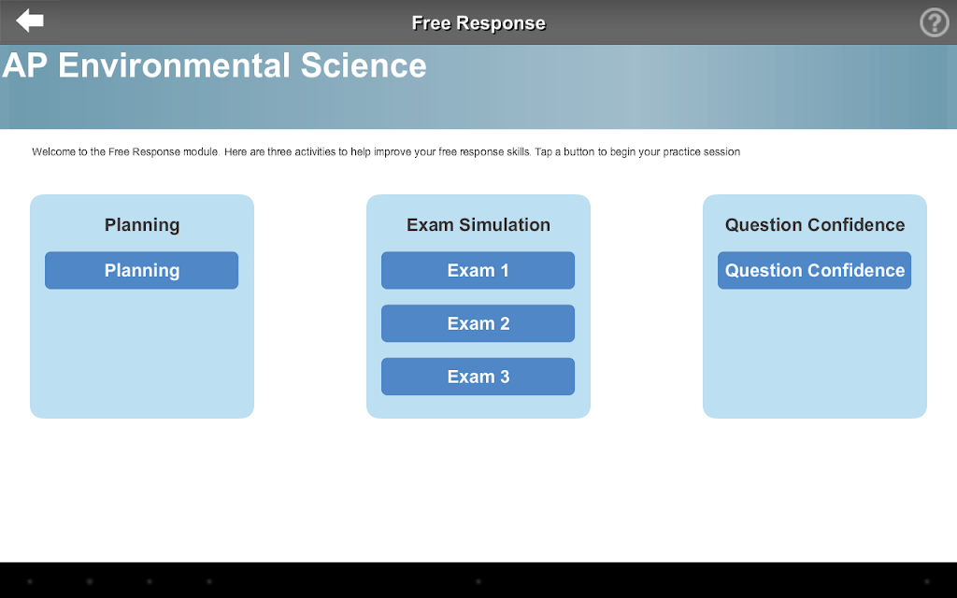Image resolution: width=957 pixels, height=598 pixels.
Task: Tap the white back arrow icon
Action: click(29, 21)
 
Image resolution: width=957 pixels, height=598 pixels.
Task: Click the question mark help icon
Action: click(934, 22)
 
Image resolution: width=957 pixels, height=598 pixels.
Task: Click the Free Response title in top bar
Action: click(478, 22)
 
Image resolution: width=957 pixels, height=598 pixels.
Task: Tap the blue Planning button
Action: click(142, 270)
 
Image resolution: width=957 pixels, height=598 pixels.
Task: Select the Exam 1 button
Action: click(478, 270)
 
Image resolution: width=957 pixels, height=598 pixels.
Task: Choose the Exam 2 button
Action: click(478, 323)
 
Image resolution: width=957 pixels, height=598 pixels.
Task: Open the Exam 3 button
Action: click(478, 377)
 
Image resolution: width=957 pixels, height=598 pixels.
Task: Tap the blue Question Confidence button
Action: click(814, 270)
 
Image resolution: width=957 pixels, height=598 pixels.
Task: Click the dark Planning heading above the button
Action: click(142, 225)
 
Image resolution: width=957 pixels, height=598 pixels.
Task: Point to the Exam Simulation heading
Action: click(478, 224)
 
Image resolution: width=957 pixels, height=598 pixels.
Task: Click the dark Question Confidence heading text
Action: click(815, 224)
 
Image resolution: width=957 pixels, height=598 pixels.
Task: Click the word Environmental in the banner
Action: click(174, 65)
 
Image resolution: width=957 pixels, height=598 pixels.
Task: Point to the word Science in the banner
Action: click(364, 65)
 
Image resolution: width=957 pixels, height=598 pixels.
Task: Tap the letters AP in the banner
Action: click(25, 65)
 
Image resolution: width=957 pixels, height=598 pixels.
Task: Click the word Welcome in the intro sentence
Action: click(53, 152)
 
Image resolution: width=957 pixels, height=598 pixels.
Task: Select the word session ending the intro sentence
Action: click(721, 152)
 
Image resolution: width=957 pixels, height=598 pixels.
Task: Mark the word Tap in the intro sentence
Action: click(543, 152)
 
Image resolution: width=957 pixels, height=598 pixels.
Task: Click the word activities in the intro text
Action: click(316, 152)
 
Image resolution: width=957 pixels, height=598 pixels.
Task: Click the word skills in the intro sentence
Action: click(519, 152)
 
